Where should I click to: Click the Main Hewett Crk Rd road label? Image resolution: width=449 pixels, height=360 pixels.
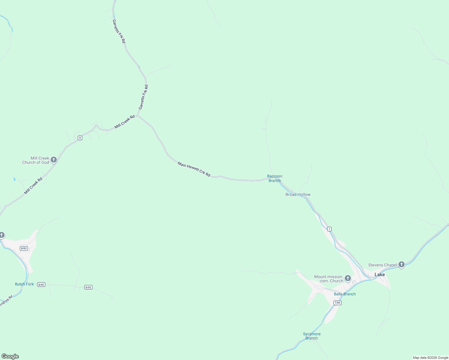click(194, 169)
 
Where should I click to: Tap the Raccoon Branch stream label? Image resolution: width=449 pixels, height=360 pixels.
click(275, 178)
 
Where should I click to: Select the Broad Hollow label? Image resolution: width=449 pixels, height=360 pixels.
click(298, 195)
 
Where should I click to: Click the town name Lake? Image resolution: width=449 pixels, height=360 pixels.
click(379, 274)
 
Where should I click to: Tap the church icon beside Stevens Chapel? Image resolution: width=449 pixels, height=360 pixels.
click(402, 264)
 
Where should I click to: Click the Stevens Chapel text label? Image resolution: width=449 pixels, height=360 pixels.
click(382, 265)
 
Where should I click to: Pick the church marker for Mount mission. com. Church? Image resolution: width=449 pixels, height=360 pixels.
click(348, 278)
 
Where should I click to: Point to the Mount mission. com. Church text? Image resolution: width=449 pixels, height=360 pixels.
click(329, 279)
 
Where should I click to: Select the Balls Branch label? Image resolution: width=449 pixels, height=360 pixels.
click(345, 294)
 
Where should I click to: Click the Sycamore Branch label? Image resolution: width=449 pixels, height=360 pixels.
click(312, 336)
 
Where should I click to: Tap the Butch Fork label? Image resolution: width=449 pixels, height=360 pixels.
click(24, 284)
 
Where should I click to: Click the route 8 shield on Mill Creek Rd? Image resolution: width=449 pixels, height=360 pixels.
click(80, 138)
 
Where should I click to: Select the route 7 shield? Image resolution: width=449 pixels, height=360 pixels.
click(329, 229)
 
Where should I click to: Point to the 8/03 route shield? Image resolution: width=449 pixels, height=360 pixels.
click(24, 248)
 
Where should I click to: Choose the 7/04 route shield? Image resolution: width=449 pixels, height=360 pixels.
click(337, 303)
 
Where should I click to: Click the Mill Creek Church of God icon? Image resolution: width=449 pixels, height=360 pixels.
click(54, 160)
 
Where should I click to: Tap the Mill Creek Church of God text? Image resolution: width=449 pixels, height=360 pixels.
click(36, 160)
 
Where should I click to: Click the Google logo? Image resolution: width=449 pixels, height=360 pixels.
click(10, 356)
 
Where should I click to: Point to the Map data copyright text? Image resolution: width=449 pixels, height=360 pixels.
click(430, 358)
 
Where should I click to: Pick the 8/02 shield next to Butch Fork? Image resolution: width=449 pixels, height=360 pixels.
click(41, 284)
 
